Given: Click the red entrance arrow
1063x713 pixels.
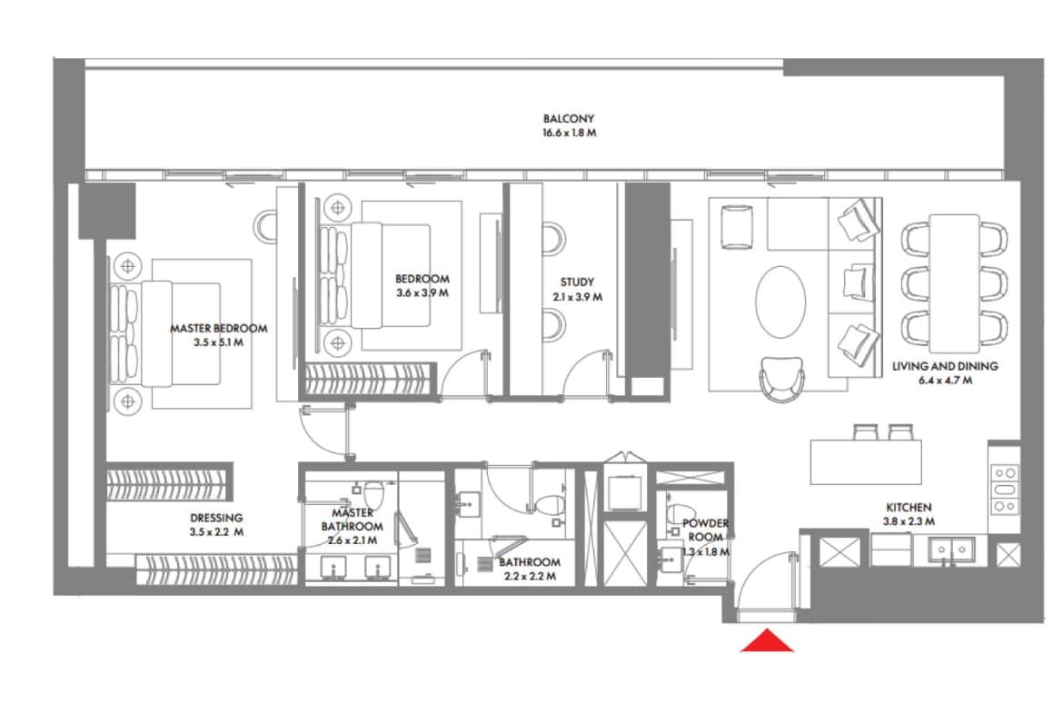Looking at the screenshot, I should [x=768, y=641].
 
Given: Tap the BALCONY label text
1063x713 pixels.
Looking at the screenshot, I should [x=569, y=119].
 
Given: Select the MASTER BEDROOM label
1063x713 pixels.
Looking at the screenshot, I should [x=219, y=328].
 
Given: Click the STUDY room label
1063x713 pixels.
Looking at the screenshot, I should [x=577, y=282].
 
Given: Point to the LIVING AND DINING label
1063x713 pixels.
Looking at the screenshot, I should [x=945, y=366].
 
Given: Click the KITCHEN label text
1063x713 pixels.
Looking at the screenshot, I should [x=909, y=507].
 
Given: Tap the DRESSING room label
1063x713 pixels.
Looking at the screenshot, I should [x=216, y=518].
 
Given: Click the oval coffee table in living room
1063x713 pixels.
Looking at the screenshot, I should [x=780, y=302].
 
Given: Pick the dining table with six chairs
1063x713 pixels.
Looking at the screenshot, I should [x=953, y=282].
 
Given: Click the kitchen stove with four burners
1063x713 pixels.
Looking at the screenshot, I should [x=1004, y=490].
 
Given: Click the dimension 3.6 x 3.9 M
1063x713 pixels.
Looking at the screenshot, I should [x=422, y=293].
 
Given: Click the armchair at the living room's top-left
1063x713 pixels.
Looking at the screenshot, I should [x=736, y=225].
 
